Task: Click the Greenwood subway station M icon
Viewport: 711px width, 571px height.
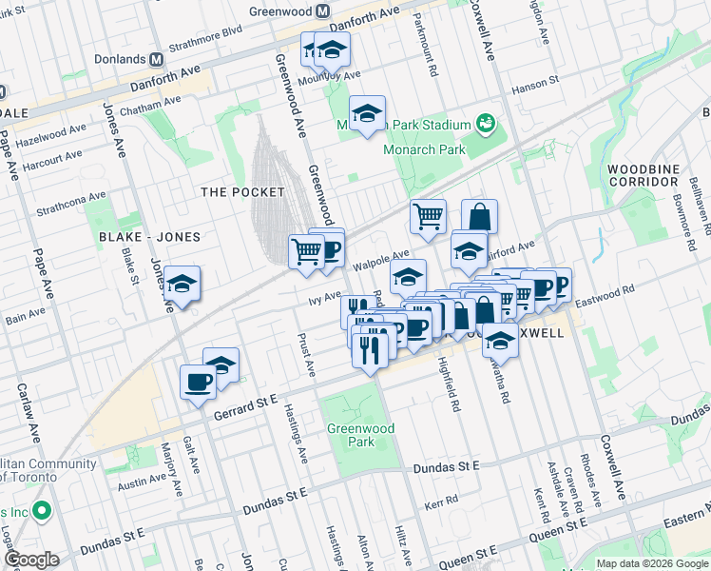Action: point(322,11)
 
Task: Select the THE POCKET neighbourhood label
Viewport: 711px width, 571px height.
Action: point(242,192)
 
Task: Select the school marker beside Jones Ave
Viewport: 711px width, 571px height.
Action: point(182,284)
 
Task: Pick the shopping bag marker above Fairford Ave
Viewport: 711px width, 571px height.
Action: point(479,216)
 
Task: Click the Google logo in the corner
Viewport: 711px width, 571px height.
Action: point(31,560)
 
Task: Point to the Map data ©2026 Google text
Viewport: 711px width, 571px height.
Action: point(651,563)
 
